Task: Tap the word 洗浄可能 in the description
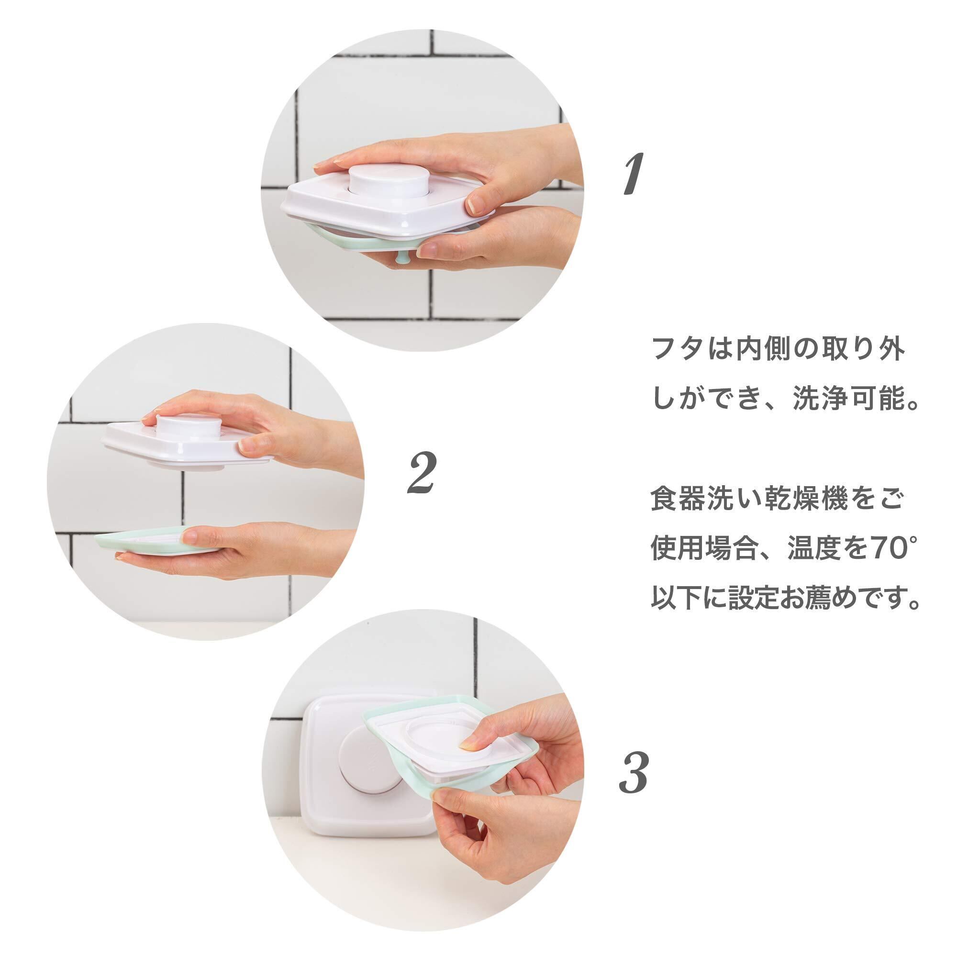849,399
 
